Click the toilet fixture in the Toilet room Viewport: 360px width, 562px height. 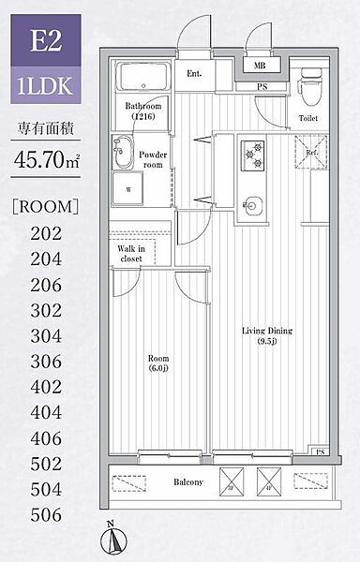point(307,87)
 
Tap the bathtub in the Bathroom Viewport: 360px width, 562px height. point(143,78)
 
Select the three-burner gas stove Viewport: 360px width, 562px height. point(253,155)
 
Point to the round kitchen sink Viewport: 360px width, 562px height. point(253,206)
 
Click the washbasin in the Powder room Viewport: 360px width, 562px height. point(122,152)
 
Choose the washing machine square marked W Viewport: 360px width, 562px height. point(127,189)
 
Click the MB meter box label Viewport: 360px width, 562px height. point(260,66)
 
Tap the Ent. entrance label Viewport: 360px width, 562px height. point(194,73)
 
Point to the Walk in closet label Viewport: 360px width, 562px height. point(131,254)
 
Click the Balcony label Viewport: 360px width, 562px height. point(188,482)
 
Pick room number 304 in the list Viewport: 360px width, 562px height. point(46,336)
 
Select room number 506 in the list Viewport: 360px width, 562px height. point(46,514)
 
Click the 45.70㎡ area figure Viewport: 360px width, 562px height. point(46,159)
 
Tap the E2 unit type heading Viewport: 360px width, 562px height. point(46,40)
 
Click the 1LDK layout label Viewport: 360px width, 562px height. point(46,85)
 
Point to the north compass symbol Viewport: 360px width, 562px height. point(113,540)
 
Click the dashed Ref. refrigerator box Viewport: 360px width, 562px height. point(311,153)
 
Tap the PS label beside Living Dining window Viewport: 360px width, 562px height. point(321,452)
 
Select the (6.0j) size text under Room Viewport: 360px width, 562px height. point(158,368)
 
